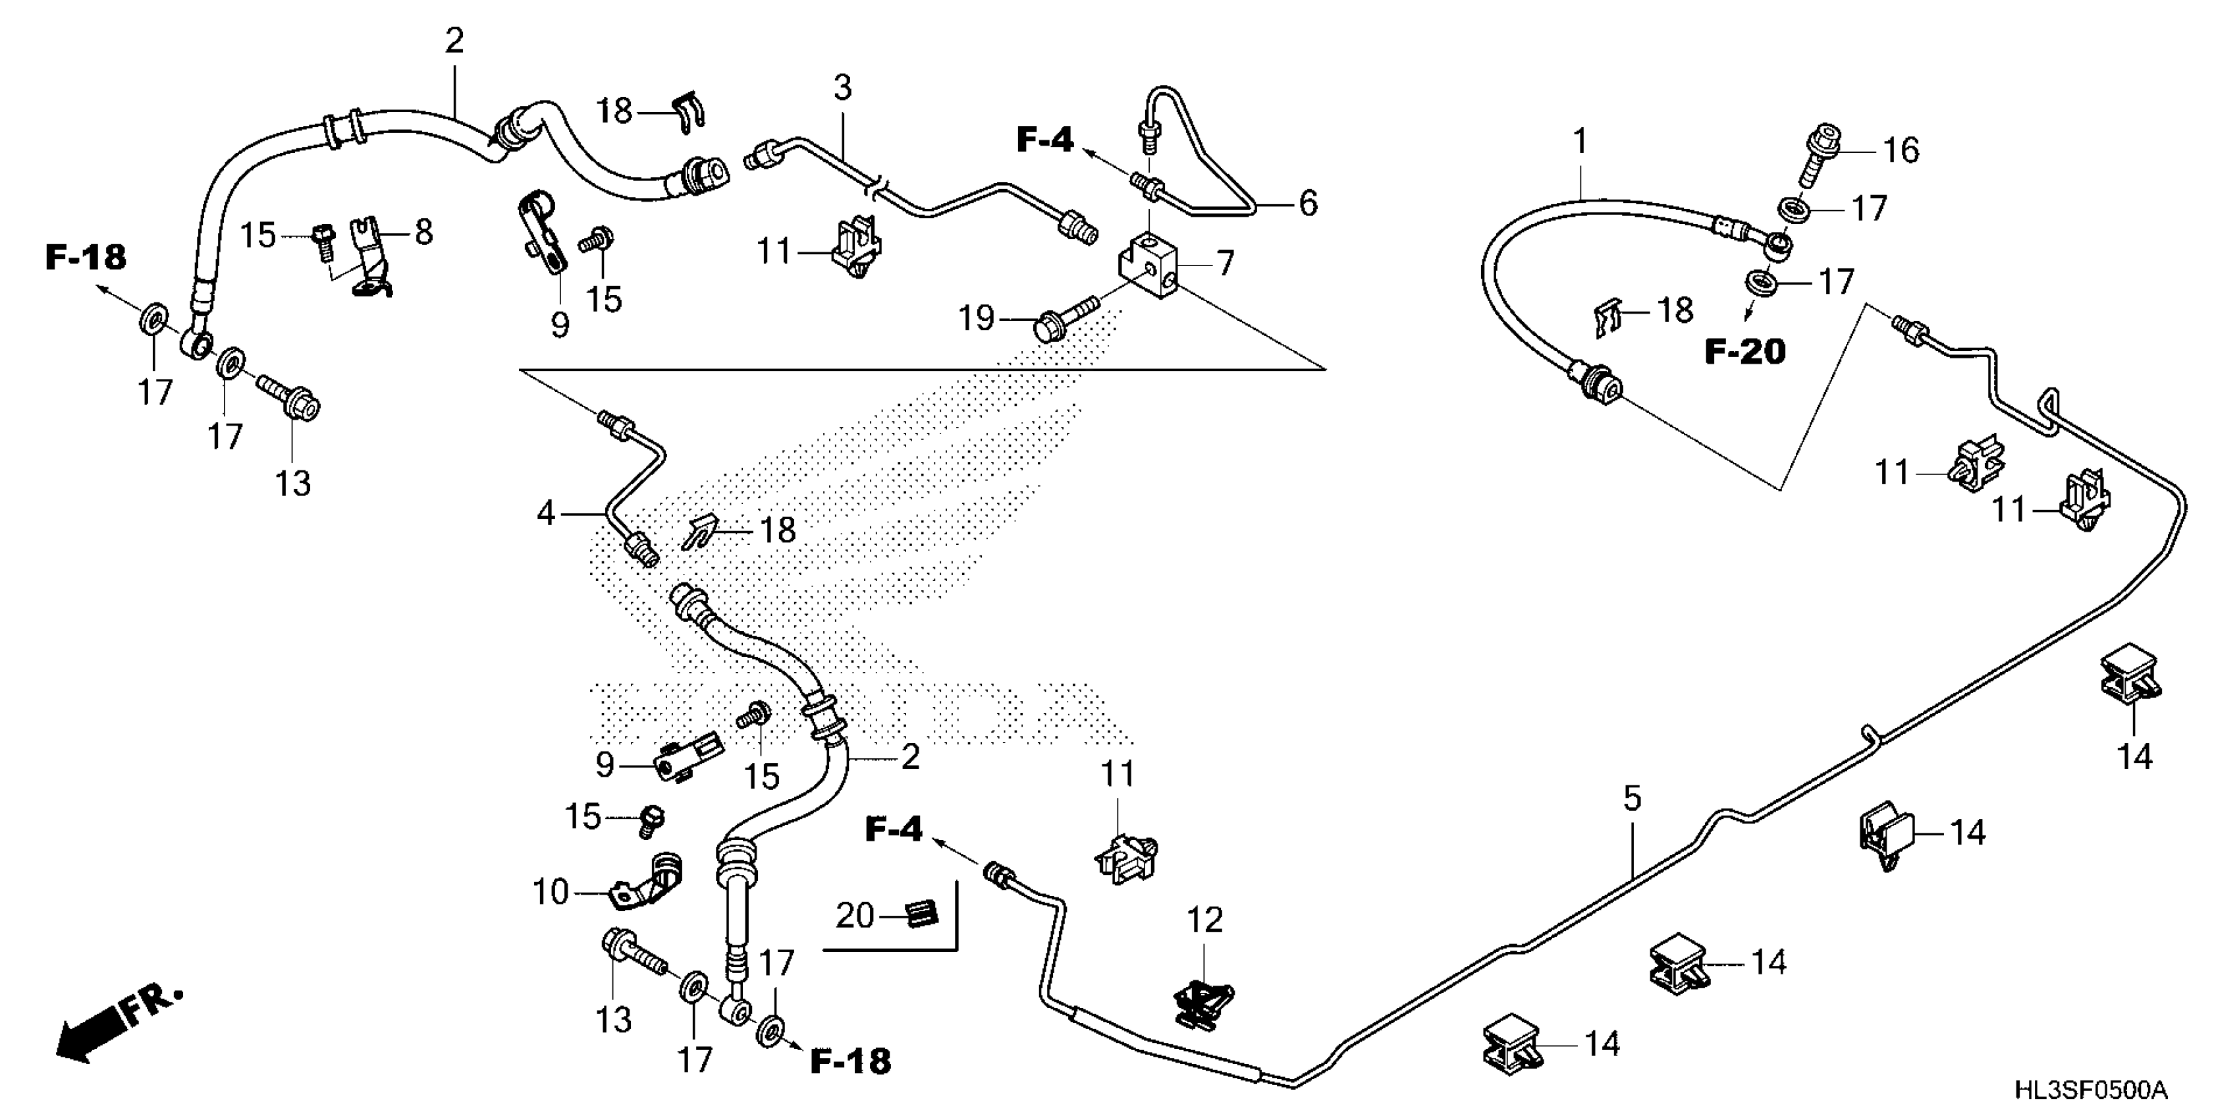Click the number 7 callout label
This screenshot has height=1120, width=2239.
pos(1225,263)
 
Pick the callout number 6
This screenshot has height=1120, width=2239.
pos(1308,203)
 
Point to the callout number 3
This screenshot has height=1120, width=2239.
pos(842,88)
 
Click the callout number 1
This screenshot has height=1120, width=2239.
pos(1580,141)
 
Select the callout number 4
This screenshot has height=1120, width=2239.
pos(545,514)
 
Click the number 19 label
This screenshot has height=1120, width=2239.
pos(976,318)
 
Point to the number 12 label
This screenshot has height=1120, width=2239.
pos(1204,920)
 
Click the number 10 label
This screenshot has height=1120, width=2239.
pos(550,892)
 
